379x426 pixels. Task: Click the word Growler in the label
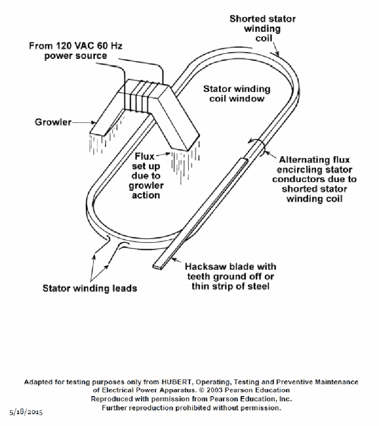click(x=53, y=122)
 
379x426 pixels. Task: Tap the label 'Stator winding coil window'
click(x=237, y=94)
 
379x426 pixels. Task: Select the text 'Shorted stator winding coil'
click(x=262, y=28)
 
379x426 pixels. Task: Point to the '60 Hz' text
click(x=110, y=46)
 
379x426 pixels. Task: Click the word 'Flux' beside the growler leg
click(x=144, y=157)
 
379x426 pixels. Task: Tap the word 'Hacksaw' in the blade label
click(x=204, y=267)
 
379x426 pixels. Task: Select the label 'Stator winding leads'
click(x=90, y=288)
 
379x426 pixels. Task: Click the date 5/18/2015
click(x=26, y=412)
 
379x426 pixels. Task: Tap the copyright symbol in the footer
click(x=202, y=390)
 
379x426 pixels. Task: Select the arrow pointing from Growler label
click(x=84, y=122)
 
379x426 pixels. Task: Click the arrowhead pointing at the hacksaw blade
click(x=174, y=259)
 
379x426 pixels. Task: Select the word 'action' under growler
click(x=146, y=195)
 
